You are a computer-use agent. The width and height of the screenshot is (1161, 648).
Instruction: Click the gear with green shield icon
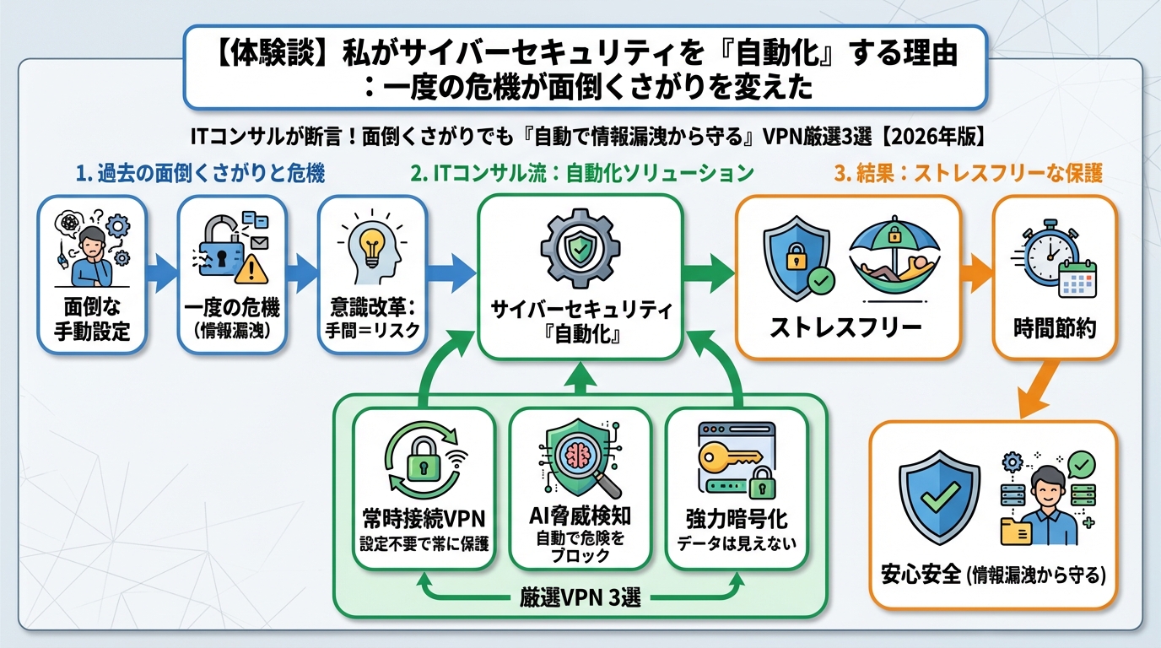point(579,250)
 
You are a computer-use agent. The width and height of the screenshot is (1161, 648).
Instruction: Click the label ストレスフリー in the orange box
point(846,327)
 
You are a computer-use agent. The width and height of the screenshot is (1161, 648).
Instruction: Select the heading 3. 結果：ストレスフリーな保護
point(968,175)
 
